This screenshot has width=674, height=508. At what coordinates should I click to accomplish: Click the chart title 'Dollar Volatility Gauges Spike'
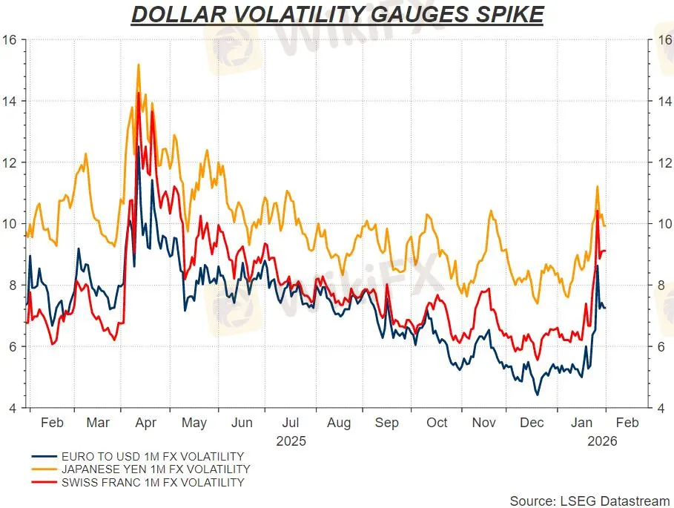(x=337, y=14)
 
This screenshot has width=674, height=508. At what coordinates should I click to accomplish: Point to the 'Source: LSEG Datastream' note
(x=589, y=501)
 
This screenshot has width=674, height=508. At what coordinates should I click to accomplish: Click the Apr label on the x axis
(x=146, y=423)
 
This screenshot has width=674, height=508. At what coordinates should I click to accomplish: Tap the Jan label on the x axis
(x=582, y=423)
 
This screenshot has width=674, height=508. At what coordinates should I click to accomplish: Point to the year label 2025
(x=291, y=441)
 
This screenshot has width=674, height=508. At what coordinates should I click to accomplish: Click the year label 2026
(x=601, y=441)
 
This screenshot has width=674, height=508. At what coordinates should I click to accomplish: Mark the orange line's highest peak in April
(x=138, y=65)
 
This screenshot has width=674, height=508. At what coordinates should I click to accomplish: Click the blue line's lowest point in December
(x=538, y=395)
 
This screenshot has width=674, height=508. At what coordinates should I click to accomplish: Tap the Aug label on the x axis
(x=339, y=423)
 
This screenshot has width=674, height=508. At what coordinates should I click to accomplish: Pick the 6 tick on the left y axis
(x=13, y=346)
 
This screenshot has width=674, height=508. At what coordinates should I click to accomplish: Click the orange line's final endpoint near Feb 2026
(x=605, y=226)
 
